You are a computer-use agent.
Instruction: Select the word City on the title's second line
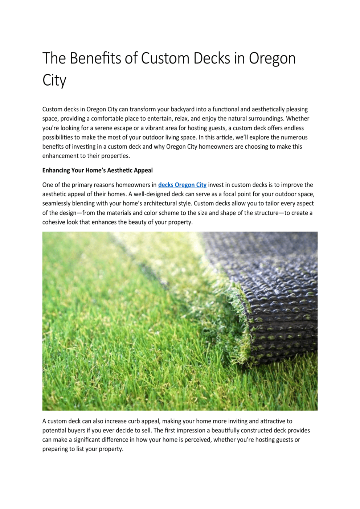54,81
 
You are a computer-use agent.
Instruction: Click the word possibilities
60,137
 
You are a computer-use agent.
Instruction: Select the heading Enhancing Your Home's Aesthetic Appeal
97,171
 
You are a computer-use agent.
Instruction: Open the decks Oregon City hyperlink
182,185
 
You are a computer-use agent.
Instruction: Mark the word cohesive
54,222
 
